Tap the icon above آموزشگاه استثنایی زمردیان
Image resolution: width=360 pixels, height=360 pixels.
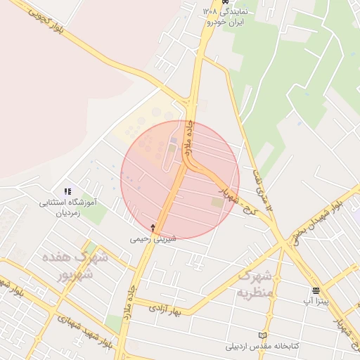point(67,191)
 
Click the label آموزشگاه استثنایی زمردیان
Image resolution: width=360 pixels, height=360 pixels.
point(70,207)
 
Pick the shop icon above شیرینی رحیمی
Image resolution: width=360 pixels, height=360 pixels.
point(154,228)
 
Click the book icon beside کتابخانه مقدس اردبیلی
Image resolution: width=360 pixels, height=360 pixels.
point(263,335)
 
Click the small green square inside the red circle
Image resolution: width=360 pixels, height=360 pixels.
point(217,202)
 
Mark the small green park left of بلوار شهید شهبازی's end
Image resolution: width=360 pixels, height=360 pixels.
point(112,324)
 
